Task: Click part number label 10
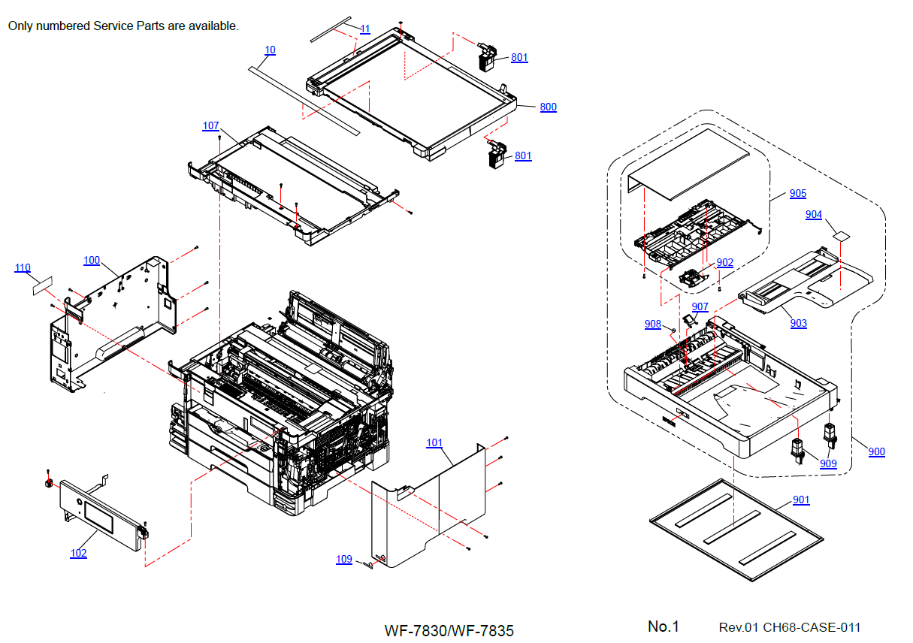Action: click(270, 50)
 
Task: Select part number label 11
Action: click(365, 29)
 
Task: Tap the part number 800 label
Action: click(549, 107)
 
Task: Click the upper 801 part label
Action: click(519, 58)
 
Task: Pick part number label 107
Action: click(211, 125)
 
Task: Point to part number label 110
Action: click(23, 268)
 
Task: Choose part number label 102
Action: click(78, 554)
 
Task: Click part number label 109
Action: click(344, 560)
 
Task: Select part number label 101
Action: click(434, 443)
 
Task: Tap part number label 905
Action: click(798, 194)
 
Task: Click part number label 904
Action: click(814, 215)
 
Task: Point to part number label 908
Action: click(653, 325)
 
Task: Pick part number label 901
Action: click(802, 500)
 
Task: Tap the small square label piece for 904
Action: click(842, 236)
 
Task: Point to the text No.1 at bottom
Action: click(664, 626)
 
